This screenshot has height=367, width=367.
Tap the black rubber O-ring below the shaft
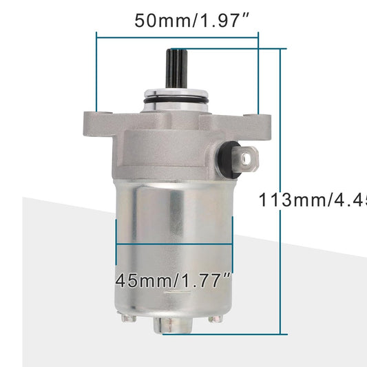click(176, 103)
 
